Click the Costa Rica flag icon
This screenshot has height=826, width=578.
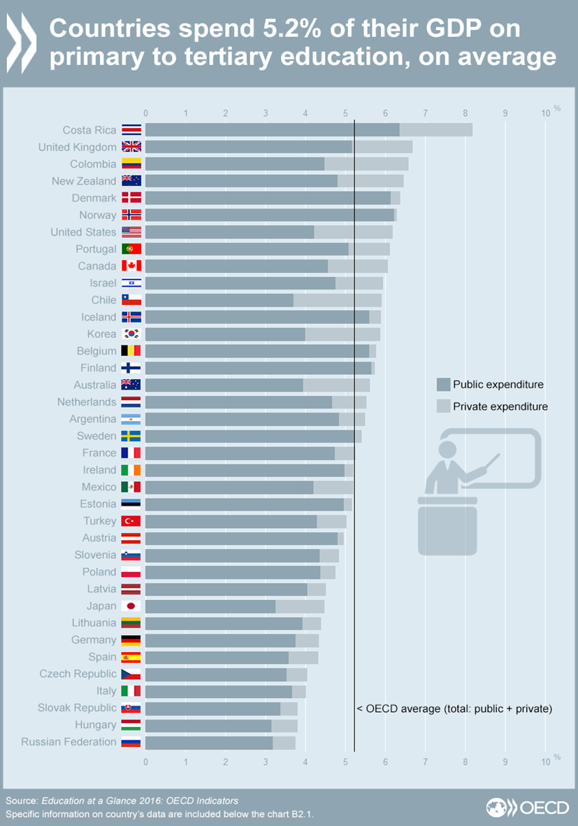(131, 130)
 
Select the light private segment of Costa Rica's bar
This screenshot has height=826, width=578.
(435, 130)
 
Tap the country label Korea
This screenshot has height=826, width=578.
(101, 334)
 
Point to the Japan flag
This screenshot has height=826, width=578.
(131, 606)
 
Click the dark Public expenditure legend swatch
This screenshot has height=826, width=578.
(443, 384)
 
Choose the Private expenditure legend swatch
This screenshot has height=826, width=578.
(443, 406)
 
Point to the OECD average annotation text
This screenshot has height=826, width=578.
(454, 708)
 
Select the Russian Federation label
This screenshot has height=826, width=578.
(68, 742)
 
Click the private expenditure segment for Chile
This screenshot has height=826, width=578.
(337, 300)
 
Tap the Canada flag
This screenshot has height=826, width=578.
(131, 266)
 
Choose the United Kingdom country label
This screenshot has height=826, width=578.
(77, 147)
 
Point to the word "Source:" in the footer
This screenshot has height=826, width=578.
(22, 801)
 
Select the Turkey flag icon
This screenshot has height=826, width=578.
(131, 521)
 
